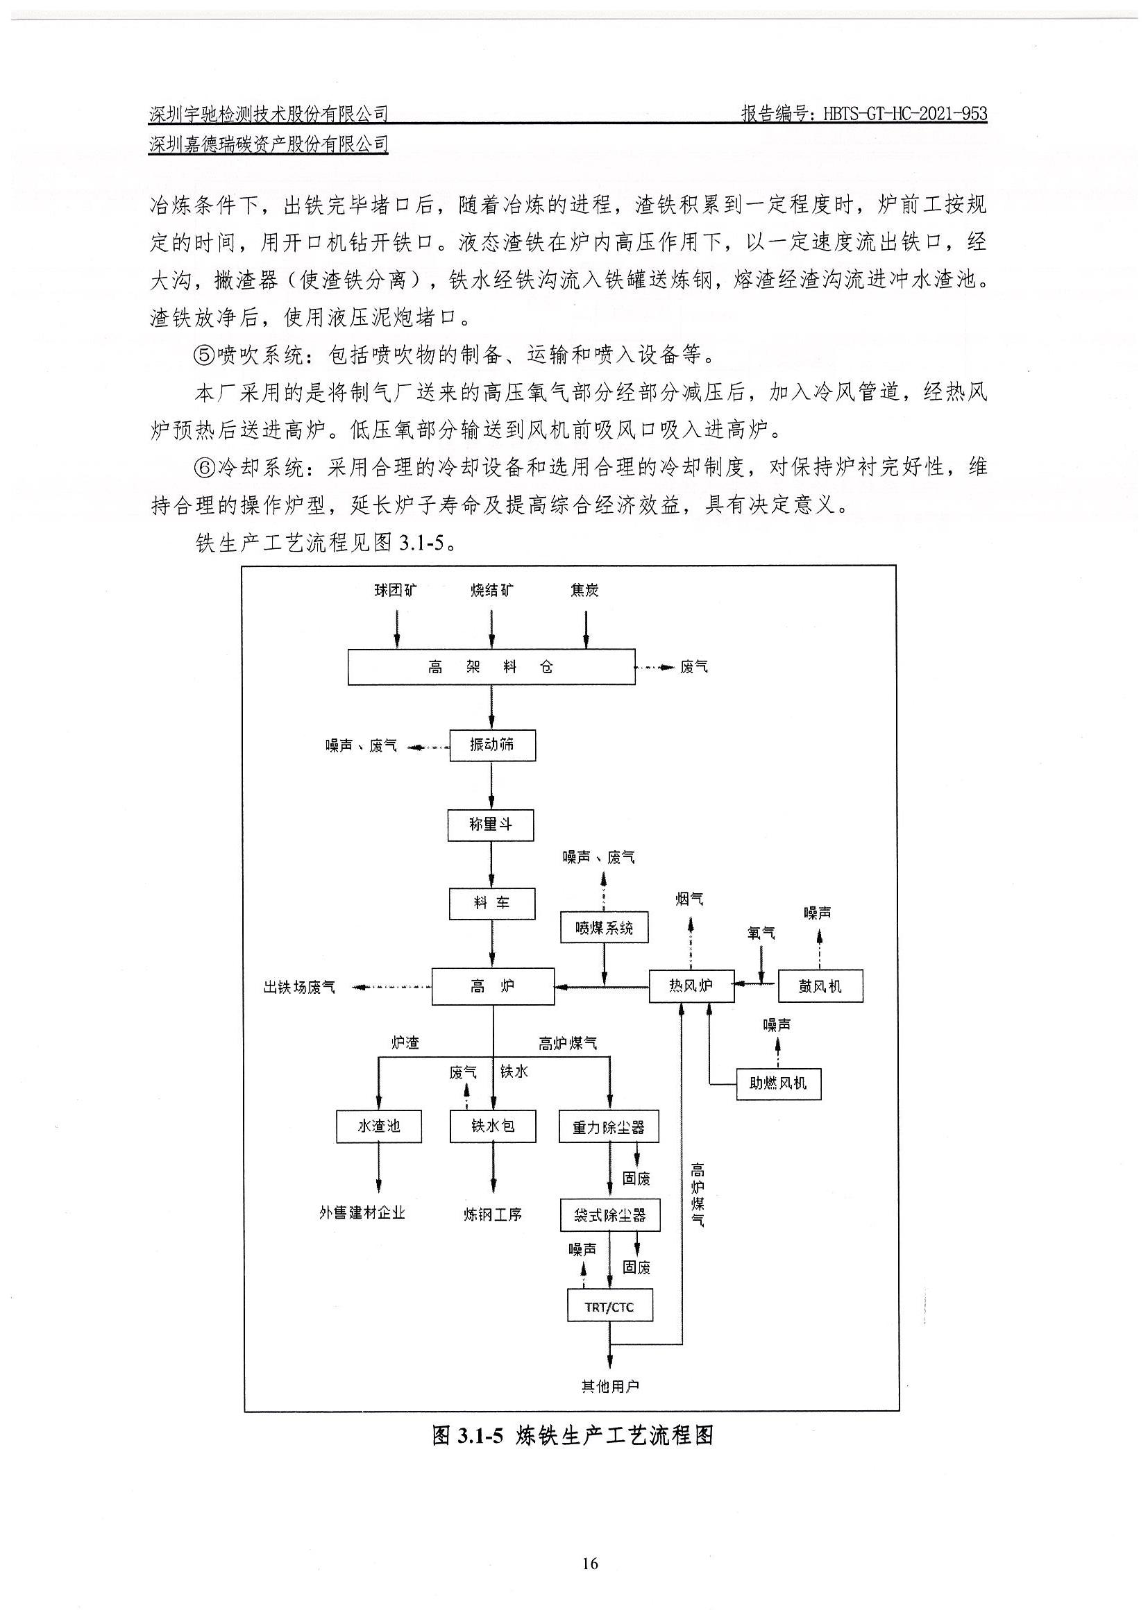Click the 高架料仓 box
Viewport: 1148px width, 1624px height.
(491, 666)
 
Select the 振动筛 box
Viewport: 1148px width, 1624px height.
(492, 745)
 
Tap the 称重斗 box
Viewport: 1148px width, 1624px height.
(491, 824)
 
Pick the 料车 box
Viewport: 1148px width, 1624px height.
(491, 904)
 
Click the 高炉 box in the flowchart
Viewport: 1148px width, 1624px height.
(493, 986)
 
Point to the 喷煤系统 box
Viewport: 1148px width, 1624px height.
(604, 927)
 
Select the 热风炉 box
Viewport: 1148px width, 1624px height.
(692, 986)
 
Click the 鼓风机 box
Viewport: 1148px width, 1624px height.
(820, 986)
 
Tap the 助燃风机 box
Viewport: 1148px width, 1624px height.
(778, 1083)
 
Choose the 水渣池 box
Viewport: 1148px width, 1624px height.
(378, 1126)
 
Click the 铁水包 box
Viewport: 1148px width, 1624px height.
(493, 1126)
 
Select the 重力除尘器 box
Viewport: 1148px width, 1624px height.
(609, 1126)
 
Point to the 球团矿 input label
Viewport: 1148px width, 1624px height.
(396, 590)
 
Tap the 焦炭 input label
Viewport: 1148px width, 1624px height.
(585, 590)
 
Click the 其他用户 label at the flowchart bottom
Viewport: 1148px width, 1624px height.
(609, 1387)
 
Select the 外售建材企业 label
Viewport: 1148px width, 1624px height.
(362, 1213)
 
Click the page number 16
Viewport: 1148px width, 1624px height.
(591, 1562)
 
